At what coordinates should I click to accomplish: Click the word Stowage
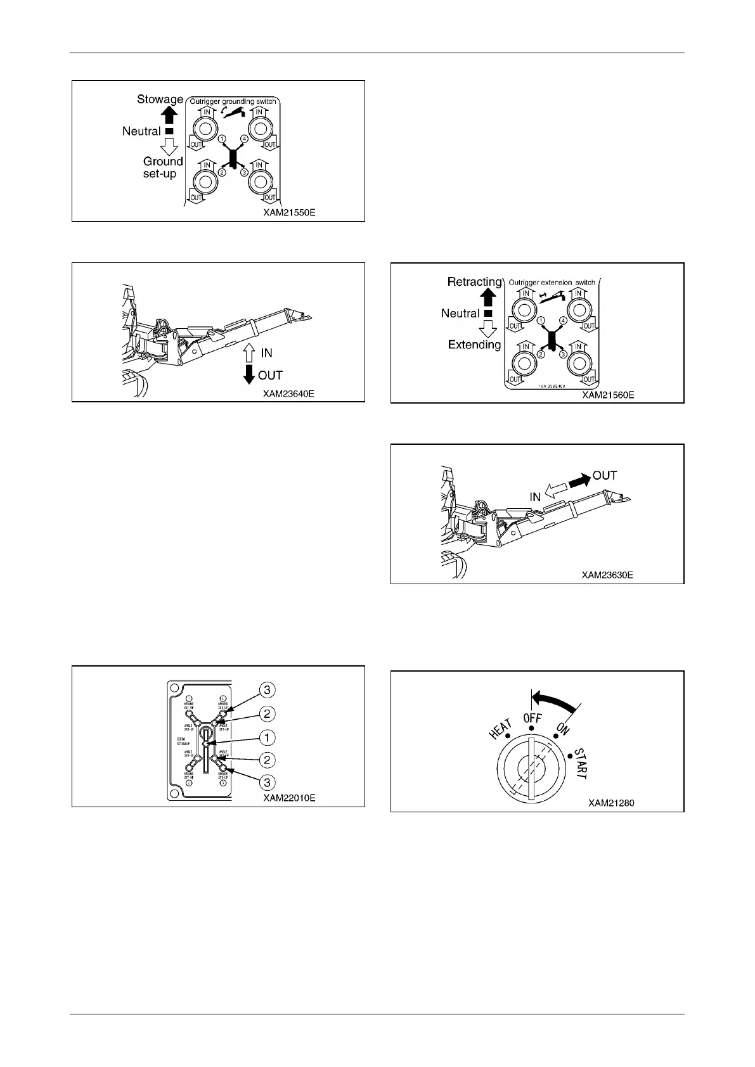click(x=160, y=99)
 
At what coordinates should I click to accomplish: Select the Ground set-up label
click(x=162, y=167)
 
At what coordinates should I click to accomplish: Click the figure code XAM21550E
click(x=289, y=213)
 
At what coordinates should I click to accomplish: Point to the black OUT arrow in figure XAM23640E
click(x=248, y=375)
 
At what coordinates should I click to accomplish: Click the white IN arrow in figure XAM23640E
click(x=248, y=353)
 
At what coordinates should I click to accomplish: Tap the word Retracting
click(x=474, y=282)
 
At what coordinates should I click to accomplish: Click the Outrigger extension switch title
click(x=551, y=283)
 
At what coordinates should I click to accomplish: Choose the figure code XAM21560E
click(x=608, y=395)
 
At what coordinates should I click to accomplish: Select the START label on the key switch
click(x=580, y=764)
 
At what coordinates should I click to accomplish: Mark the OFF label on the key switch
click(x=532, y=719)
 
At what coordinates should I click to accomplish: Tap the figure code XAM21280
click(x=610, y=803)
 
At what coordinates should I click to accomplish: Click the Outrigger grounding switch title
click(x=232, y=101)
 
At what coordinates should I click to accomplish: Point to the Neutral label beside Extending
click(x=460, y=313)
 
